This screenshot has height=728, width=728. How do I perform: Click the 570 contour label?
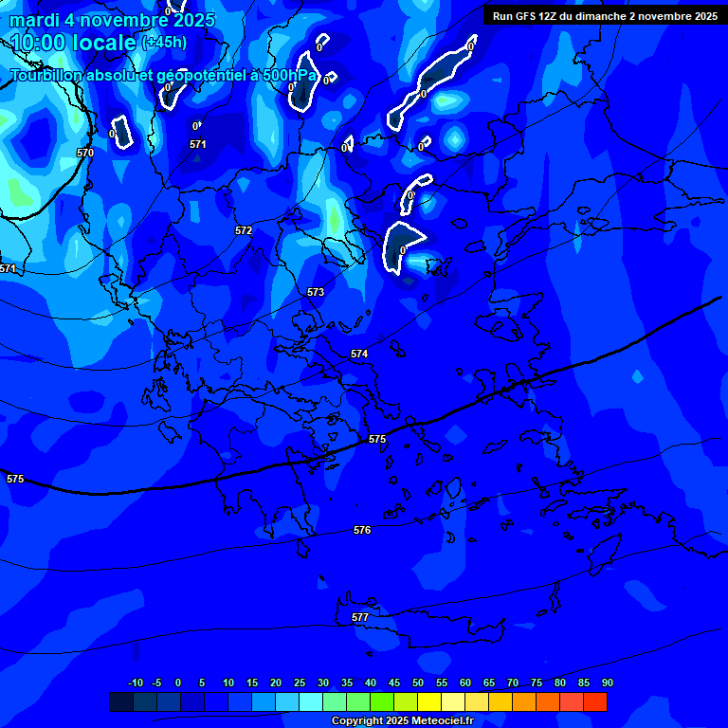pyautogui.click(x=85, y=153)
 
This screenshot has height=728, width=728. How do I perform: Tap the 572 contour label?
pyautogui.click(x=244, y=230)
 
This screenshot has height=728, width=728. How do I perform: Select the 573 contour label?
pyautogui.click(x=316, y=292)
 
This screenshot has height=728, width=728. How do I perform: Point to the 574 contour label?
pyautogui.click(x=359, y=354)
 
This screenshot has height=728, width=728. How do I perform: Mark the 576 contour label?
pyautogui.click(x=362, y=530)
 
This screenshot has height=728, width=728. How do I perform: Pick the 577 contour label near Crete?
pyautogui.click(x=360, y=617)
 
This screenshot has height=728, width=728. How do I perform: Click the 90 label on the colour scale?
pyautogui.click(x=607, y=682)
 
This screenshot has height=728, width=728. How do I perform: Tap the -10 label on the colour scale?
pyautogui.click(x=135, y=682)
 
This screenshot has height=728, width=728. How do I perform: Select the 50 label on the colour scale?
pyautogui.click(x=418, y=682)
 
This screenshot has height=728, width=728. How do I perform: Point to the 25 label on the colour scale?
pyautogui.click(x=300, y=682)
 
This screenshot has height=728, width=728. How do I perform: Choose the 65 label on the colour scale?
pyautogui.click(x=489, y=682)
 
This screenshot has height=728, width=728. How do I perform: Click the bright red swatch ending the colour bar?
pyautogui.click(x=595, y=701)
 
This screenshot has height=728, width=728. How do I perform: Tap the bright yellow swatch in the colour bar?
pyautogui.click(x=429, y=701)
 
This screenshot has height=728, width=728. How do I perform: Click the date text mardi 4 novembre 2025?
pyautogui.click(x=112, y=20)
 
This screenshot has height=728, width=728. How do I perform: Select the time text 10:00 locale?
pyautogui.click(x=74, y=43)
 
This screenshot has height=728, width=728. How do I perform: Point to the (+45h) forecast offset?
pyautogui.click(x=164, y=43)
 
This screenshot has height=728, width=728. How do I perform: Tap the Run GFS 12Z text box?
pyautogui.click(x=605, y=15)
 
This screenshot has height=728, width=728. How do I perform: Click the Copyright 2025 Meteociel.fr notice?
pyautogui.click(x=402, y=720)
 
